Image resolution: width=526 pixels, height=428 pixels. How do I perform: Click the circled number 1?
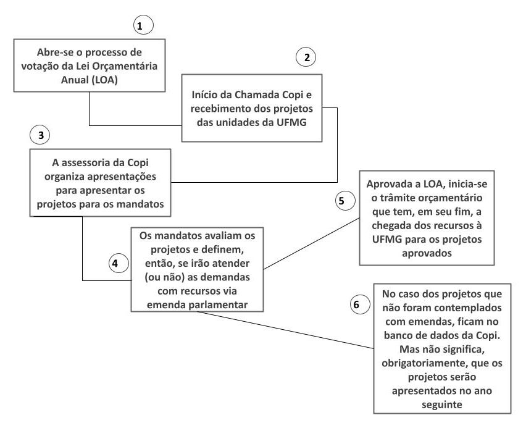point(143,26)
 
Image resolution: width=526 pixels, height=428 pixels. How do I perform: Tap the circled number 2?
point(306,57)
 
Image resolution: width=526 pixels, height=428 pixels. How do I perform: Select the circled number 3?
point(40,135)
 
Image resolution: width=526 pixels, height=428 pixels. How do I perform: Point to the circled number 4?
point(119,263)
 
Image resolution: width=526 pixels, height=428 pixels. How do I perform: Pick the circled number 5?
point(345,201)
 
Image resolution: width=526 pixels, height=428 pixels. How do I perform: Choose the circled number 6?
point(360,304)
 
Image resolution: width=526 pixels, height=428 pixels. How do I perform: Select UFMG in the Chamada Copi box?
point(291,122)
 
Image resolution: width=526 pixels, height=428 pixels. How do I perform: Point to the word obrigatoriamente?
point(424,363)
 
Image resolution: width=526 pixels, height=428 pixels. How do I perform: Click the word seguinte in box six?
point(442,405)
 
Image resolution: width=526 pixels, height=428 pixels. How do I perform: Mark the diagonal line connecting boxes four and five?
point(311,243)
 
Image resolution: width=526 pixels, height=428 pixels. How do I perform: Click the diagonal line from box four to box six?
point(285,330)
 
